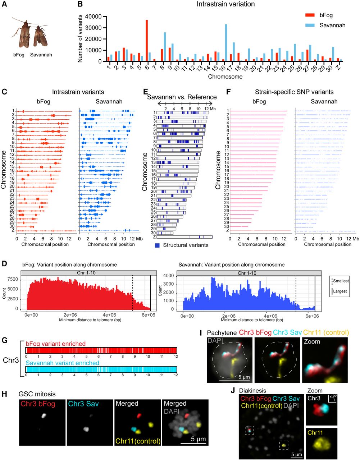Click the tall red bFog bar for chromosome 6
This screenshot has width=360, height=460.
coord(146,41)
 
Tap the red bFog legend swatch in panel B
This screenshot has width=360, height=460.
coord(310,15)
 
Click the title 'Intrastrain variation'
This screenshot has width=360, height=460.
coord(225,4)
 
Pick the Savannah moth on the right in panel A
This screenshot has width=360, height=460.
coord(39,36)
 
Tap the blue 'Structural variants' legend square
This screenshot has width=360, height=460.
coord(157,245)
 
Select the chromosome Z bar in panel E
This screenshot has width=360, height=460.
coord(184,237)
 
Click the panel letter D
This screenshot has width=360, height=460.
coord(4,264)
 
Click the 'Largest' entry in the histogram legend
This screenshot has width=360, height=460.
coord(340,291)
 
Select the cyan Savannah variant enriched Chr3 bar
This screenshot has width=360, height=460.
coord(101,369)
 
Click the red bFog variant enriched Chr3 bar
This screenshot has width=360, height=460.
coord(101,350)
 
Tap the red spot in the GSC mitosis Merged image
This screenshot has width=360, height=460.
coord(139,415)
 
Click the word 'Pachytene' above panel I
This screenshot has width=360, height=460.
coord(222,332)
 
